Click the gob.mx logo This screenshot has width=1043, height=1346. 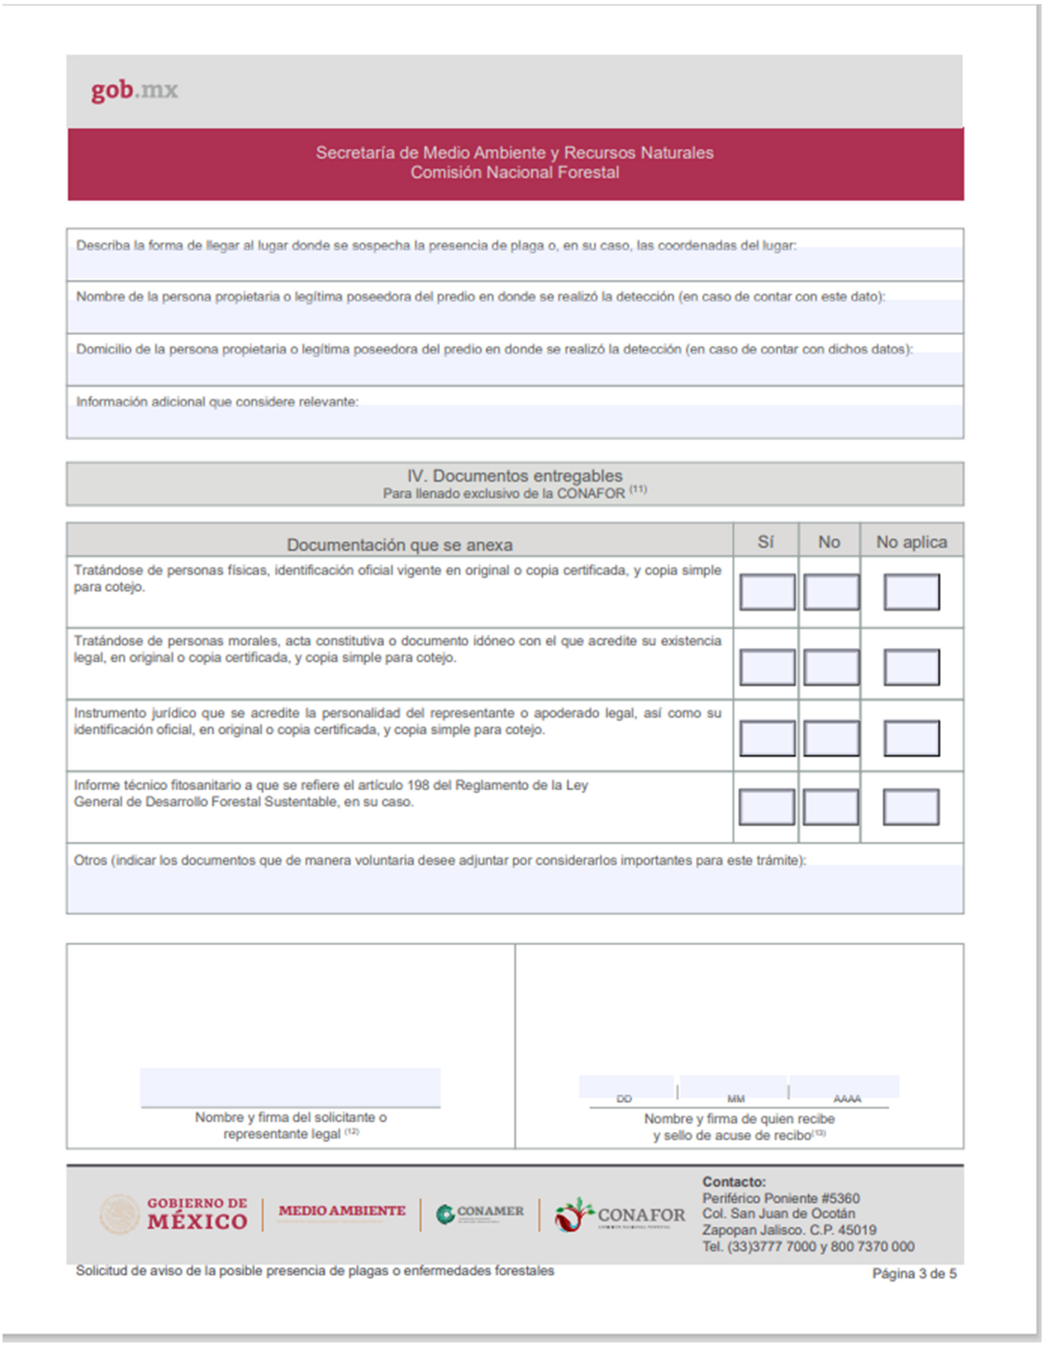point(134,90)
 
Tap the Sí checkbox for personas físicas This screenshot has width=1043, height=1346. point(766,592)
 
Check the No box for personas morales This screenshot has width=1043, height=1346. point(831,667)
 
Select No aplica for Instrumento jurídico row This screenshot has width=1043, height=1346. point(912,738)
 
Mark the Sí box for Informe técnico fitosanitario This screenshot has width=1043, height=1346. point(766,808)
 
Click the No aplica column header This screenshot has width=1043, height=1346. point(911,542)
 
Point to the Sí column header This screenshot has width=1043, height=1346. point(765,542)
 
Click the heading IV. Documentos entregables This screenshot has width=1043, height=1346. point(515,476)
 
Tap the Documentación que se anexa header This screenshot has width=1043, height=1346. point(399,544)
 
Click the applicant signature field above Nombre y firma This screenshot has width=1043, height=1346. point(290,1087)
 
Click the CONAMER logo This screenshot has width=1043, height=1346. point(480,1213)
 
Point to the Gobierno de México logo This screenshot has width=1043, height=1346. point(175,1214)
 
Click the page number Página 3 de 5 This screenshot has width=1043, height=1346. point(914,1273)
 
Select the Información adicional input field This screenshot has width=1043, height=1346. point(515,422)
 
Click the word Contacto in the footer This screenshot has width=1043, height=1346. point(733,1182)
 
